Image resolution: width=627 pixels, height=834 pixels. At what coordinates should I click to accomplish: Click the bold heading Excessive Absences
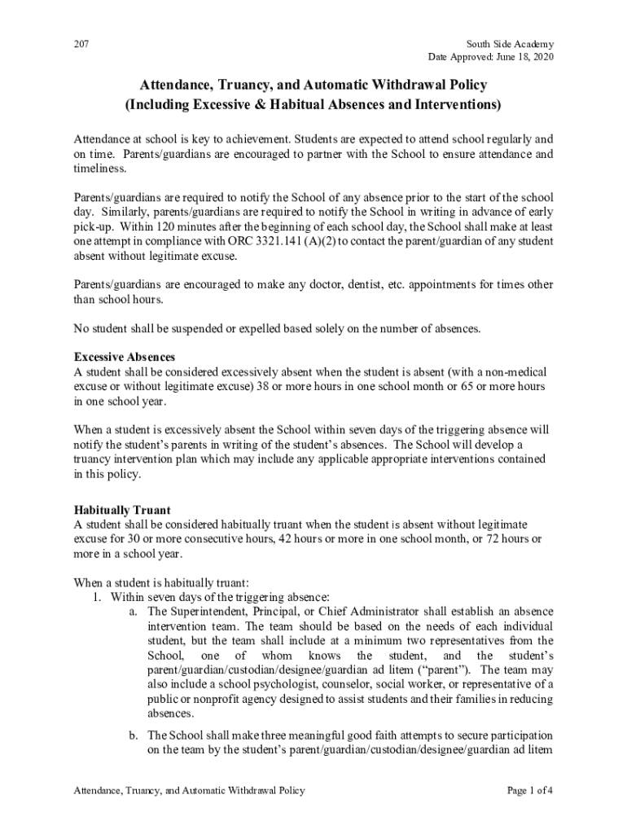tap(124, 358)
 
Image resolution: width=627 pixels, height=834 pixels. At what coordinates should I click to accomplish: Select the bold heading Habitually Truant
tap(121, 511)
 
